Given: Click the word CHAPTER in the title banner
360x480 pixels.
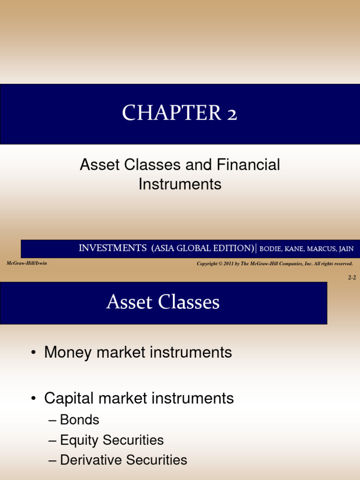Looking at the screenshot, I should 168,113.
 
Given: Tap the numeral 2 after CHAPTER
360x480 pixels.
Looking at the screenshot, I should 230,113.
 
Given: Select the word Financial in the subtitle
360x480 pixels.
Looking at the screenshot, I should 248,165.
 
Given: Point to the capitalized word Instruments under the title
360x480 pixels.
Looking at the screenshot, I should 180,184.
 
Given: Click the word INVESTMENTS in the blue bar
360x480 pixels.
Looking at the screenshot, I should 112,248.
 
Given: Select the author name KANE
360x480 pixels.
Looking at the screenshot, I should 294,249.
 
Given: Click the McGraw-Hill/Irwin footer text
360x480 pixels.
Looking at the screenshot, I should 27,263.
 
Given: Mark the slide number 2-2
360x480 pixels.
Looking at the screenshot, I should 352,277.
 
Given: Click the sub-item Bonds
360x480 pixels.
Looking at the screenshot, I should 80,420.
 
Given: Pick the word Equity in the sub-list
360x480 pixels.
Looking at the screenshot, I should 80,440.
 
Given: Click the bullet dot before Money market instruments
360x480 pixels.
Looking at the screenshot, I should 34,353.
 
